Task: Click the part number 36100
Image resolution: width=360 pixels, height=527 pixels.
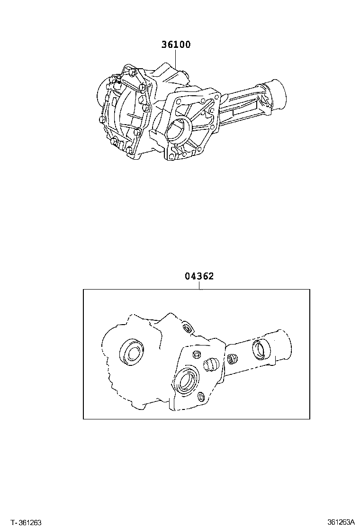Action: click(x=176, y=45)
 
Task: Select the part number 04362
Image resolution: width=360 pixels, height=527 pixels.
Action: click(x=199, y=276)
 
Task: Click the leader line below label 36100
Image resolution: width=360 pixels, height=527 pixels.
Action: click(x=176, y=59)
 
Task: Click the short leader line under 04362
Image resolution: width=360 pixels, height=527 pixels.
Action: click(x=199, y=285)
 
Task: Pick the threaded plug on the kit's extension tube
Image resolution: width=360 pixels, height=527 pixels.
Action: click(x=232, y=359)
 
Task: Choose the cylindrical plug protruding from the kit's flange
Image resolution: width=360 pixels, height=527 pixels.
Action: click(x=210, y=364)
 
